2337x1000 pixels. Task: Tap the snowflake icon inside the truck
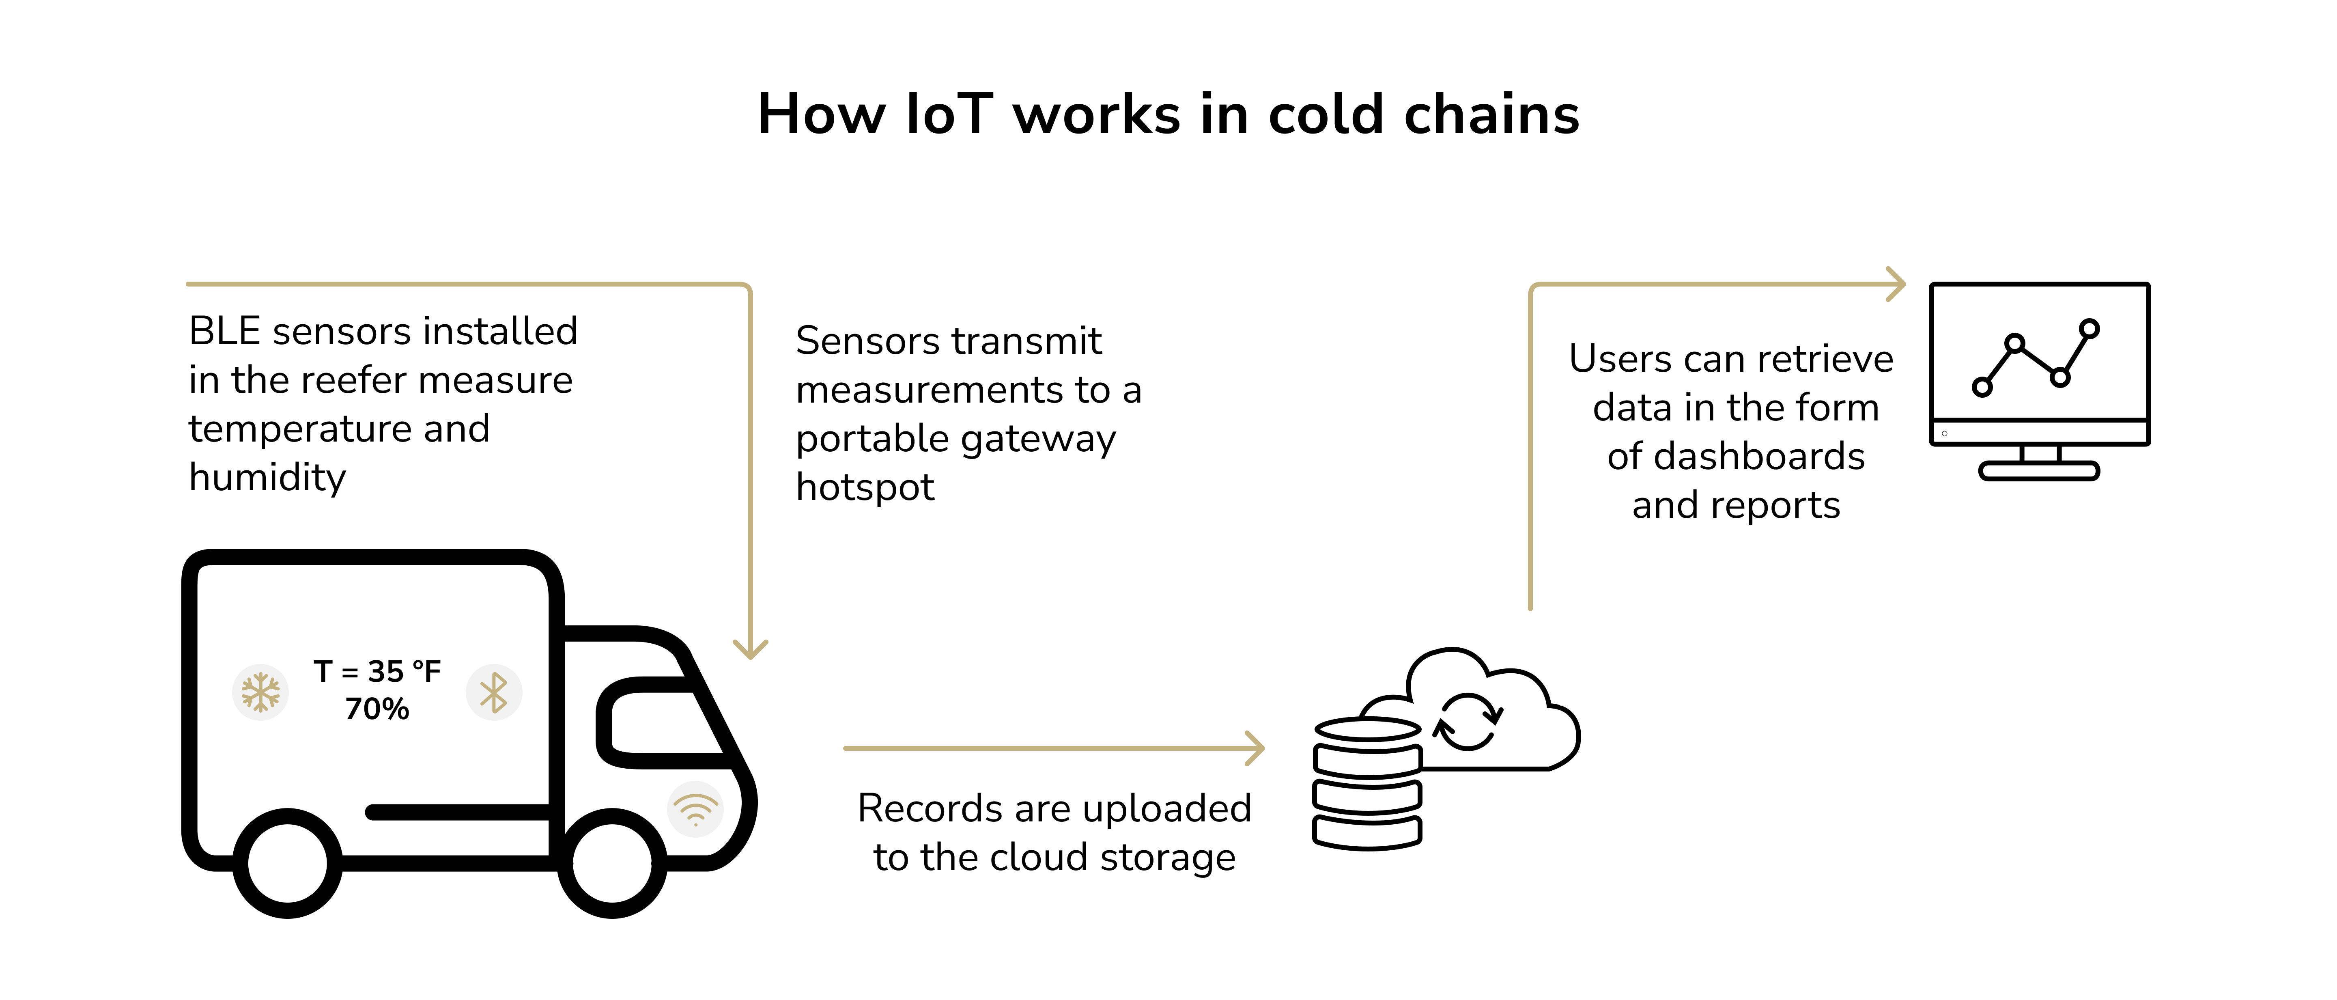tap(260, 692)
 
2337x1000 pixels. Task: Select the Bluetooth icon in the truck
tap(493, 692)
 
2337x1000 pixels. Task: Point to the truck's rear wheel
tap(288, 863)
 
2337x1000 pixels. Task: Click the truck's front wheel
tap(612, 863)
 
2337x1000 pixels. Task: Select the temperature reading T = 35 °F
tap(377, 672)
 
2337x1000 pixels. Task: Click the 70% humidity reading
tap(377, 709)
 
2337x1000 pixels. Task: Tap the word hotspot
tap(865, 487)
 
